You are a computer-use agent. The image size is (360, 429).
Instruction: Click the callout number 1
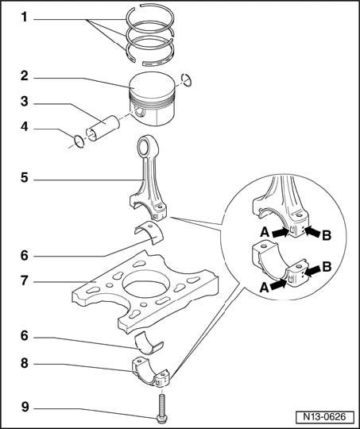pyautogui.click(x=25, y=17)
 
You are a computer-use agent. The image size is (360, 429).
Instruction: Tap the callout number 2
pyautogui.click(x=25, y=75)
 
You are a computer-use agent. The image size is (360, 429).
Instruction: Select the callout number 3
pyautogui.click(x=25, y=101)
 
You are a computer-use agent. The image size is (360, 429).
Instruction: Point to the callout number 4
pyautogui.click(x=25, y=126)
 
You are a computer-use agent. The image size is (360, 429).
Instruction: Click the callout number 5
pyautogui.click(x=25, y=178)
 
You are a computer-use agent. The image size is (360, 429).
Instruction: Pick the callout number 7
pyautogui.click(x=25, y=280)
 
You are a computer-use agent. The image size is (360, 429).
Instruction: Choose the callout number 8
pyautogui.click(x=25, y=363)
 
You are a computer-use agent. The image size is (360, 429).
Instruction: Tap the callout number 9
pyautogui.click(x=25, y=407)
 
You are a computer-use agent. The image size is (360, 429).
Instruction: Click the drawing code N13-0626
pyautogui.click(x=324, y=417)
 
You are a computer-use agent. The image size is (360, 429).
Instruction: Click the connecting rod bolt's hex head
pyautogui.click(x=161, y=419)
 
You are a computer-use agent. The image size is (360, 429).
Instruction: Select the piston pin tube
pyautogui.click(x=103, y=129)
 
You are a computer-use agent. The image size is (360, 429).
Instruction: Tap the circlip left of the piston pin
pyautogui.click(x=79, y=141)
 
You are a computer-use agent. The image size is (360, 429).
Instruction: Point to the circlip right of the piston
pyautogui.click(x=187, y=80)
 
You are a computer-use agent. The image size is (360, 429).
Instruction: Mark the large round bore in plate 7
pyautogui.click(x=144, y=284)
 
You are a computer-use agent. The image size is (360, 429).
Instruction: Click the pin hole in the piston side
pyautogui.click(x=140, y=112)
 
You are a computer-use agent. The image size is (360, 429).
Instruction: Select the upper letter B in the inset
pyautogui.click(x=326, y=235)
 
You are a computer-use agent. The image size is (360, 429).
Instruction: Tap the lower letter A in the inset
pyautogui.click(x=265, y=288)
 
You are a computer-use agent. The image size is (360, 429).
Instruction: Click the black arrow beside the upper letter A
pyautogui.click(x=280, y=233)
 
